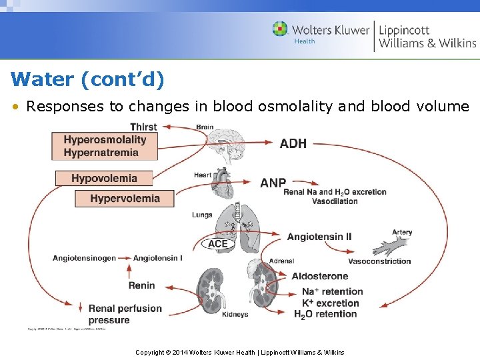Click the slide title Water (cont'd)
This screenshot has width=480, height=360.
(x=87, y=79)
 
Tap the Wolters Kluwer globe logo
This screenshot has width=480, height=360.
(x=280, y=29)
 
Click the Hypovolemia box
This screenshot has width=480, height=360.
(x=104, y=178)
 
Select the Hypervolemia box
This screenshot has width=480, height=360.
(x=125, y=198)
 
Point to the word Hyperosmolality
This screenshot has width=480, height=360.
(x=105, y=139)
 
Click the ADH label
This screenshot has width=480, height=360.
(x=293, y=143)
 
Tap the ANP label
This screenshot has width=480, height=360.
(x=273, y=183)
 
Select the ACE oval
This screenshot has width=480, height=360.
(x=218, y=244)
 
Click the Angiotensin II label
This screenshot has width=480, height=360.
(x=319, y=237)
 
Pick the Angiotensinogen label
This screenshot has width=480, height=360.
(x=84, y=258)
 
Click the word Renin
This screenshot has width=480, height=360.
(x=141, y=285)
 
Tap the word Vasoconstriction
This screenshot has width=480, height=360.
(x=379, y=261)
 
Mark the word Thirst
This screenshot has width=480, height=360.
(x=143, y=127)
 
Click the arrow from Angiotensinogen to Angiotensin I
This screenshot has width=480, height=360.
(x=125, y=258)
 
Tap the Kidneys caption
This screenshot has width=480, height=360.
(x=235, y=315)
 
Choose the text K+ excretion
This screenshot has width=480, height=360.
(x=330, y=303)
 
